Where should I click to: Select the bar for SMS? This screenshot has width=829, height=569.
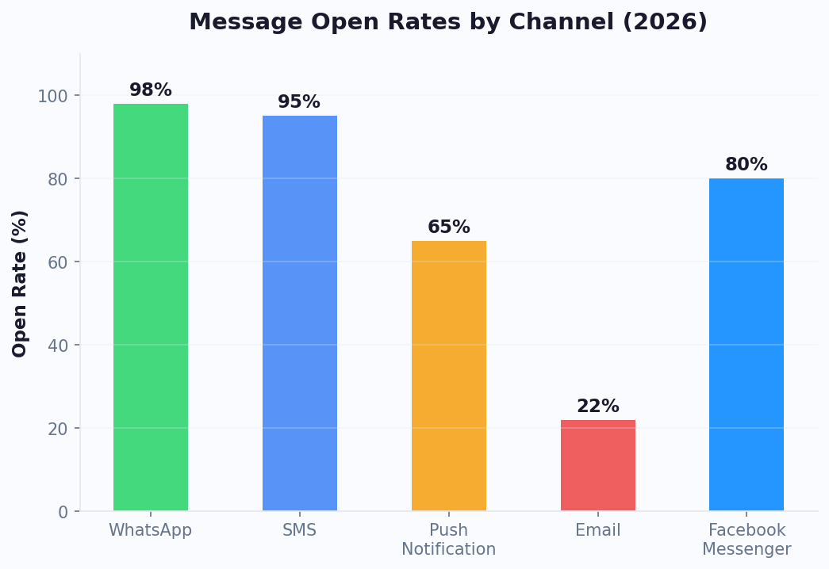click(300, 313)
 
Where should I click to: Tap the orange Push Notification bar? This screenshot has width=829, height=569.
click(449, 376)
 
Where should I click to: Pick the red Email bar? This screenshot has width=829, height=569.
click(598, 465)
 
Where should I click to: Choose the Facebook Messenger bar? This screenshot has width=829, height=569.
click(746, 345)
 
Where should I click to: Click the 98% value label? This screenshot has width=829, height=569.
click(151, 90)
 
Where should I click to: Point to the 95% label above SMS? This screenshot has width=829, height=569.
click(299, 102)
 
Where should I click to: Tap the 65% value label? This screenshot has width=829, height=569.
click(449, 227)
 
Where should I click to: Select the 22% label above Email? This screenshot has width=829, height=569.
click(598, 407)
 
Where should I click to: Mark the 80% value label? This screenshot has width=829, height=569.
click(746, 165)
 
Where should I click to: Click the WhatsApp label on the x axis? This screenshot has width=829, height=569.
click(151, 530)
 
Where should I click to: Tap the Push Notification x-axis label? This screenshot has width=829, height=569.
click(449, 540)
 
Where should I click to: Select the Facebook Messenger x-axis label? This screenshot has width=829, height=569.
click(746, 540)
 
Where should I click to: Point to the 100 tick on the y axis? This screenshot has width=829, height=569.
click(53, 96)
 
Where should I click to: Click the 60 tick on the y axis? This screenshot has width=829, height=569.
click(58, 262)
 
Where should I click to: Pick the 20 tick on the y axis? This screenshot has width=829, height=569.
click(58, 429)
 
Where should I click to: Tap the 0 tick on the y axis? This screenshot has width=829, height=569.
click(63, 512)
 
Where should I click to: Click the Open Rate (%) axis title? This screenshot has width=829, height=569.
click(21, 283)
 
